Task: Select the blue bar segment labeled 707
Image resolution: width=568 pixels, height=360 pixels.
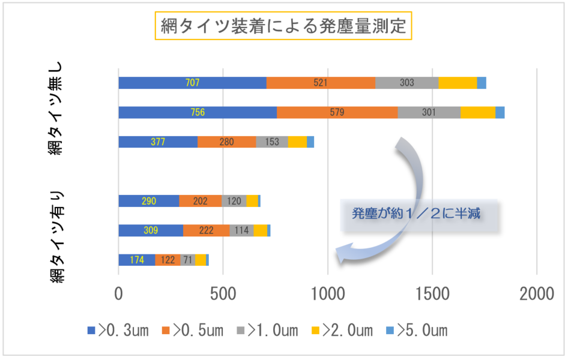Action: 192,83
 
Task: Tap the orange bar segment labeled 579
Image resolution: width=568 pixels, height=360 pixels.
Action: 337,112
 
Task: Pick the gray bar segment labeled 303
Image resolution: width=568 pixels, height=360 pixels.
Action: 406,83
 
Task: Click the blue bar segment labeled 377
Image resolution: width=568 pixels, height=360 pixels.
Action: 157,142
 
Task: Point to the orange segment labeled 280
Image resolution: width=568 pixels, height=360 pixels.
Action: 226,142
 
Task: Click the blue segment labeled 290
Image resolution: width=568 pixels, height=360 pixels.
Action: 148,201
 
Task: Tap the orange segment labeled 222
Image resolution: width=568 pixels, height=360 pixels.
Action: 206,230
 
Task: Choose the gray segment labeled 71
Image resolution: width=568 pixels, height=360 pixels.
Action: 187,260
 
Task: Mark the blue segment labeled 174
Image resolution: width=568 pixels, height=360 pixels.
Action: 136,260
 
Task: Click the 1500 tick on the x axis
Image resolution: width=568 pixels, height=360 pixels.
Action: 432,294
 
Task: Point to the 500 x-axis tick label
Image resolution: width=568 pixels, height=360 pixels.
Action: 223,294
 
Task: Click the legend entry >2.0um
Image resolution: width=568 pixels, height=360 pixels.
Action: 342,330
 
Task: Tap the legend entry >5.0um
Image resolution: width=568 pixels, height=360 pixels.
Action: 416,330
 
